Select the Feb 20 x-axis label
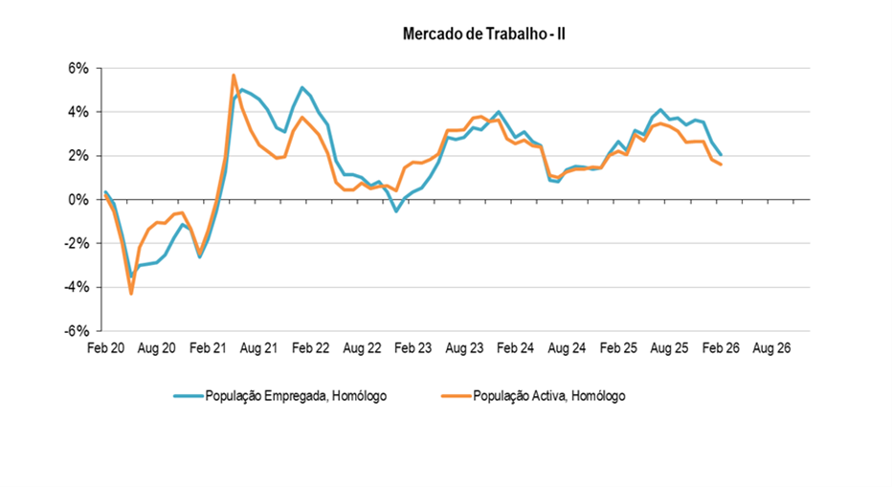point(105,350)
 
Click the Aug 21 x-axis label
point(258,350)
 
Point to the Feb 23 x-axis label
point(413,350)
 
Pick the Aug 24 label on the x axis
point(567,350)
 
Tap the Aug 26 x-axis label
point(771,350)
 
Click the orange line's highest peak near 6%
point(234,75)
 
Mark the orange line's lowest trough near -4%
point(131,293)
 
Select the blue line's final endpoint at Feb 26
point(720,155)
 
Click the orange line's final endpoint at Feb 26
point(720,165)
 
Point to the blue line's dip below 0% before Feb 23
point(396,210)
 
